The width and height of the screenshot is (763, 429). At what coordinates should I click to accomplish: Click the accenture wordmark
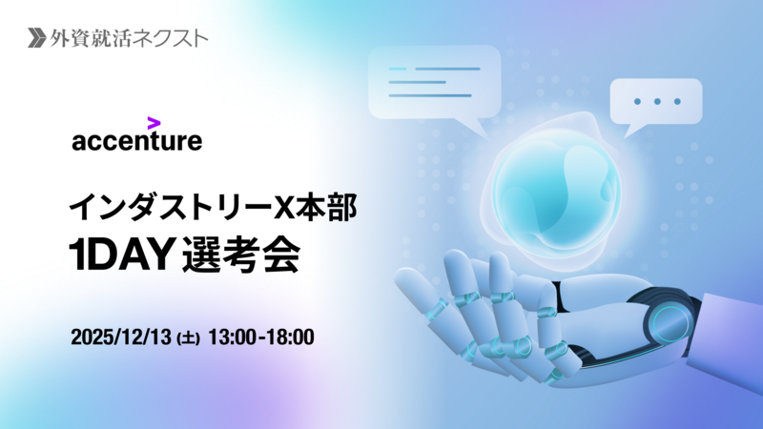pyautogui.click(x=136, y=142)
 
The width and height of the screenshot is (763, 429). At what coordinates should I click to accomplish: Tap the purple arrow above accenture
pyautogui.click(x=154, y=122)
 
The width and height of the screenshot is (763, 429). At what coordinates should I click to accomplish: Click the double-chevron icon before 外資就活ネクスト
pyautogui.click(x=37, y=38)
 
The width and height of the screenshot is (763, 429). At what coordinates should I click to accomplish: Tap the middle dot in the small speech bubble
pyautogui.click(x=655, y=100)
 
